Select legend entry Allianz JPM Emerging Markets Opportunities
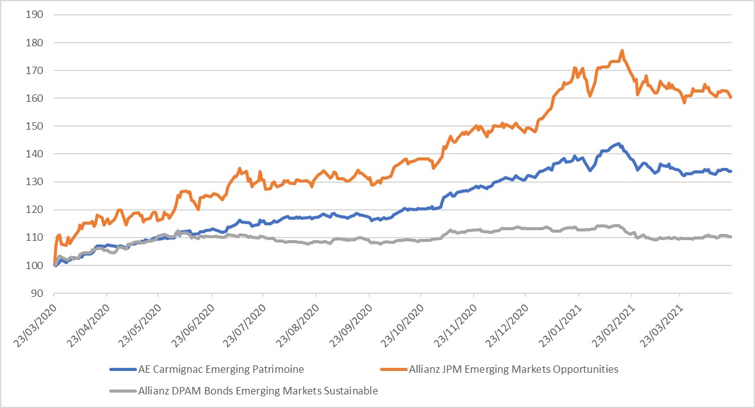[513, 370]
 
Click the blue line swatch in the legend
[123, 370]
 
